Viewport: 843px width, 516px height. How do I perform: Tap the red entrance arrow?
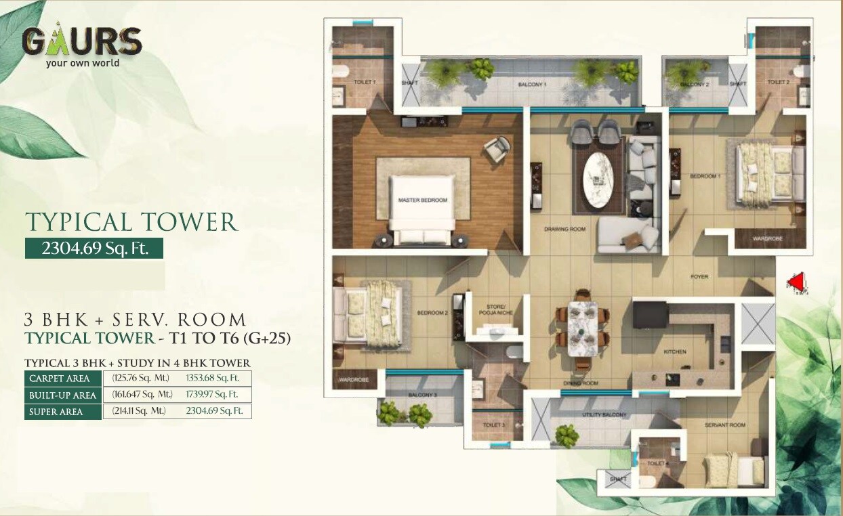click(x=798, y=282)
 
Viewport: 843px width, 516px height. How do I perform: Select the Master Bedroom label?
click(x=423, y=200)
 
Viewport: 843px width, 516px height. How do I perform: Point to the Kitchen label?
click(x=675, y=351)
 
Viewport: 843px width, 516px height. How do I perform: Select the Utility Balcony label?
click(x=599, y=414)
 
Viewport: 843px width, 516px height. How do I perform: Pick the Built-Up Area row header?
click(x=62, y=395)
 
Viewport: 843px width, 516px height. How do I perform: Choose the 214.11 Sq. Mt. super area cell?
click(x=138, y=411)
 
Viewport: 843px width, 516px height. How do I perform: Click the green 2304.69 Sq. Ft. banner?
click(x=94, y=248)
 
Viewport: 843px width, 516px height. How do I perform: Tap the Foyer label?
click(x=699, y=276)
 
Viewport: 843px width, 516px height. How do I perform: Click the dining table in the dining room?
click(x=582, y=329)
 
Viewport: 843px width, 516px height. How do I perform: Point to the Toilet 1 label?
click(x=364, y=82)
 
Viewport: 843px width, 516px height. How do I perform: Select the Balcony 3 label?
click(x=422, y=395)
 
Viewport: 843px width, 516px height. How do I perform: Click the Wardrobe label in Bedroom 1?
click(x=768, y=238)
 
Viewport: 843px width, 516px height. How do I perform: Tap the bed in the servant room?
click(x=735, y=468)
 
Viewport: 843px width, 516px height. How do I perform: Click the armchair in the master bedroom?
click(x=498, y=148)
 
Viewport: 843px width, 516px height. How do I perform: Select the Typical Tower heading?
click(x=131, y=222)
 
